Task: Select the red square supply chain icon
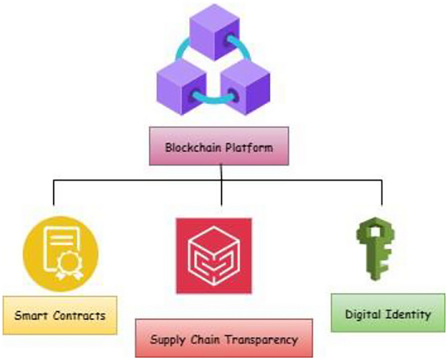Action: pyautogui.click(x=214, y=255)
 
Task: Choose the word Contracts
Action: pyautogui.click(x=79, y=315)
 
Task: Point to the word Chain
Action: pyautogui.click(x=205, y=340)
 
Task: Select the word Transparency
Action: pyautogui.click(x=260, y=340)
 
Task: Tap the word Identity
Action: pyautogui.click(x=411, y=315)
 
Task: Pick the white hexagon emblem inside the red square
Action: pyautogui.click(x=214, y=256)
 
